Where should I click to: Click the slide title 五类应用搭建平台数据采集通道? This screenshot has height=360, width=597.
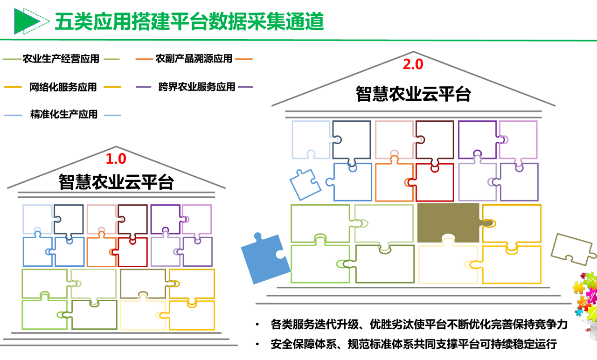[189, 21]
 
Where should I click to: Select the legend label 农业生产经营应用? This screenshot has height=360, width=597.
[61, 59]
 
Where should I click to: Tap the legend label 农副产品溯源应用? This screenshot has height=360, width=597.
[194, 59]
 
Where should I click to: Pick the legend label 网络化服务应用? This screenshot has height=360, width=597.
[63, 87]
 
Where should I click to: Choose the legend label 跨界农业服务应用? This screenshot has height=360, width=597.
[196, 87]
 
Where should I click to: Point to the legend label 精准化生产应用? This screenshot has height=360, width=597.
[64, 115]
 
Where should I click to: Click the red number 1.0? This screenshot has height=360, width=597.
[116, 159]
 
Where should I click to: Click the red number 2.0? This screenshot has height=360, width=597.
[413, 64]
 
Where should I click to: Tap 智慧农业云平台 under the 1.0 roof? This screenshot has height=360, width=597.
[116, 182]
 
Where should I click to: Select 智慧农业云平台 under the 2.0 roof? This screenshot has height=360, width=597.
[413, 94]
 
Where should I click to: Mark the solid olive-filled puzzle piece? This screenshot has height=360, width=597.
[448, 222]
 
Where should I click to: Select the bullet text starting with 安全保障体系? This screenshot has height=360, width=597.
[413, 345]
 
